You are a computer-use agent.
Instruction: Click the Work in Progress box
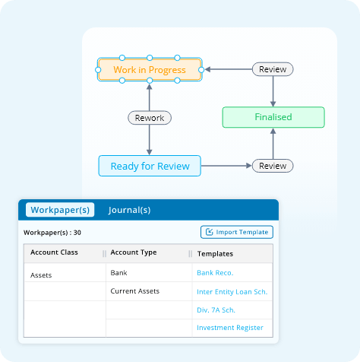tap(150, 69)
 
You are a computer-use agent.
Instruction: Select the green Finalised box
tap(273, 117)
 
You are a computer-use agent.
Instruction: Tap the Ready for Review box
tap(150, 166)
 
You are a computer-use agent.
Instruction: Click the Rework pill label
tap(150, 118)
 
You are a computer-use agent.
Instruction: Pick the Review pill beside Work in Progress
tap(273, 69)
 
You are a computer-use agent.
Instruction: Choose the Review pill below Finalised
tap(273, 166)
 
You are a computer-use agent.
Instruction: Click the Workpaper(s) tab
tap(60, 210)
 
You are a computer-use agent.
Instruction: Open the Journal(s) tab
tap(129, 210)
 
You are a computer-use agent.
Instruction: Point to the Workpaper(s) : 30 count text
tap(52, 233)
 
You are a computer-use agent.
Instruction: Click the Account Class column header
tap(54, 252)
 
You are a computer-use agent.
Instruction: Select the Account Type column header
tap(134, 252)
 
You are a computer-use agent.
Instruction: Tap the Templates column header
tap(215, 254)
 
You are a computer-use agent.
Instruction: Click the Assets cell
tap(41, 275)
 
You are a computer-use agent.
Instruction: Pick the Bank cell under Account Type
tap(118, 273)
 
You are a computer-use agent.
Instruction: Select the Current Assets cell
tap(135, 291)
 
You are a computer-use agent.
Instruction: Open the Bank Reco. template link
tap(215, 273)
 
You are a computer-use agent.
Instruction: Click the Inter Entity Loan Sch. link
tap(232, 292)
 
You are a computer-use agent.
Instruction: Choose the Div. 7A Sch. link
tap(216, 310)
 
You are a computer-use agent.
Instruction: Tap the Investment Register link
tap(230, 328)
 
